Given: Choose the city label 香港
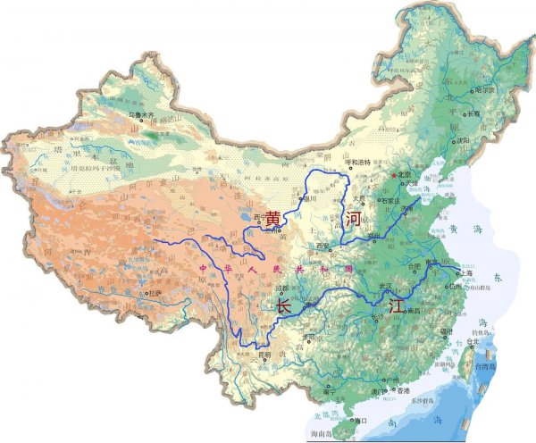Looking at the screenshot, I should pyautogui.click(x=403, y=391).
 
